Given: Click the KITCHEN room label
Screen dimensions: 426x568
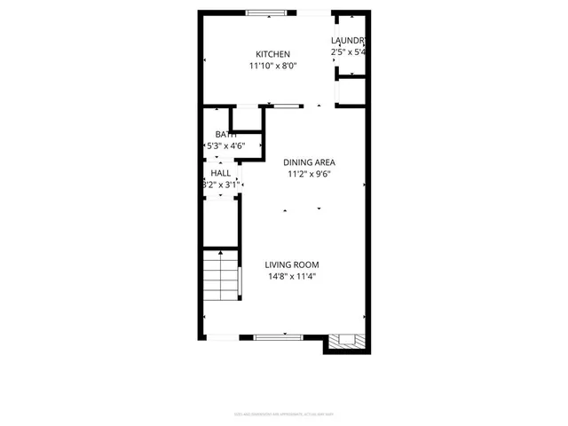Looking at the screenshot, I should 272,54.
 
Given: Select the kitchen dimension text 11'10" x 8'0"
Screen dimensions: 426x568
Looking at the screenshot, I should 272,66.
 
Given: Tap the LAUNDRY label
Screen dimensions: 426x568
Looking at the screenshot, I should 349,41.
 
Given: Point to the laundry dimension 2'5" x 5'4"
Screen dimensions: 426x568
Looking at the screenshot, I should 349,52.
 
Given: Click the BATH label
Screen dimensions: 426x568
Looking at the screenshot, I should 225,134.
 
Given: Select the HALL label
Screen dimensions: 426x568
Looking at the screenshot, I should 220,173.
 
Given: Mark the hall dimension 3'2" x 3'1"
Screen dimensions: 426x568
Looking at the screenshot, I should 220,185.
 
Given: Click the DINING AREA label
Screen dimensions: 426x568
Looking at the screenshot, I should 309,162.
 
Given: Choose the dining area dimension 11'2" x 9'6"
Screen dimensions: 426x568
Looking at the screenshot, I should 309,174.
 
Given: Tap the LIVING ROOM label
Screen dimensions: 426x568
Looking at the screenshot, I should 292,264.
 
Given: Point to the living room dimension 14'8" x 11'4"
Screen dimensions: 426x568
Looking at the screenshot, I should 292,276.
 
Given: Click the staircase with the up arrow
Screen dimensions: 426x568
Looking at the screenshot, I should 220,278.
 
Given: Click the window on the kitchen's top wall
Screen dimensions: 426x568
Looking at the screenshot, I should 266,12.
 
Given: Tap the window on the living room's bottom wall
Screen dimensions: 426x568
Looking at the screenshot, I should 279,336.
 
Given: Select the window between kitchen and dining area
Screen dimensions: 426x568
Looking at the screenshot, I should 286,106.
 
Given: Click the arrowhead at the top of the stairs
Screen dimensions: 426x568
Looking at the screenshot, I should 220,254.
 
